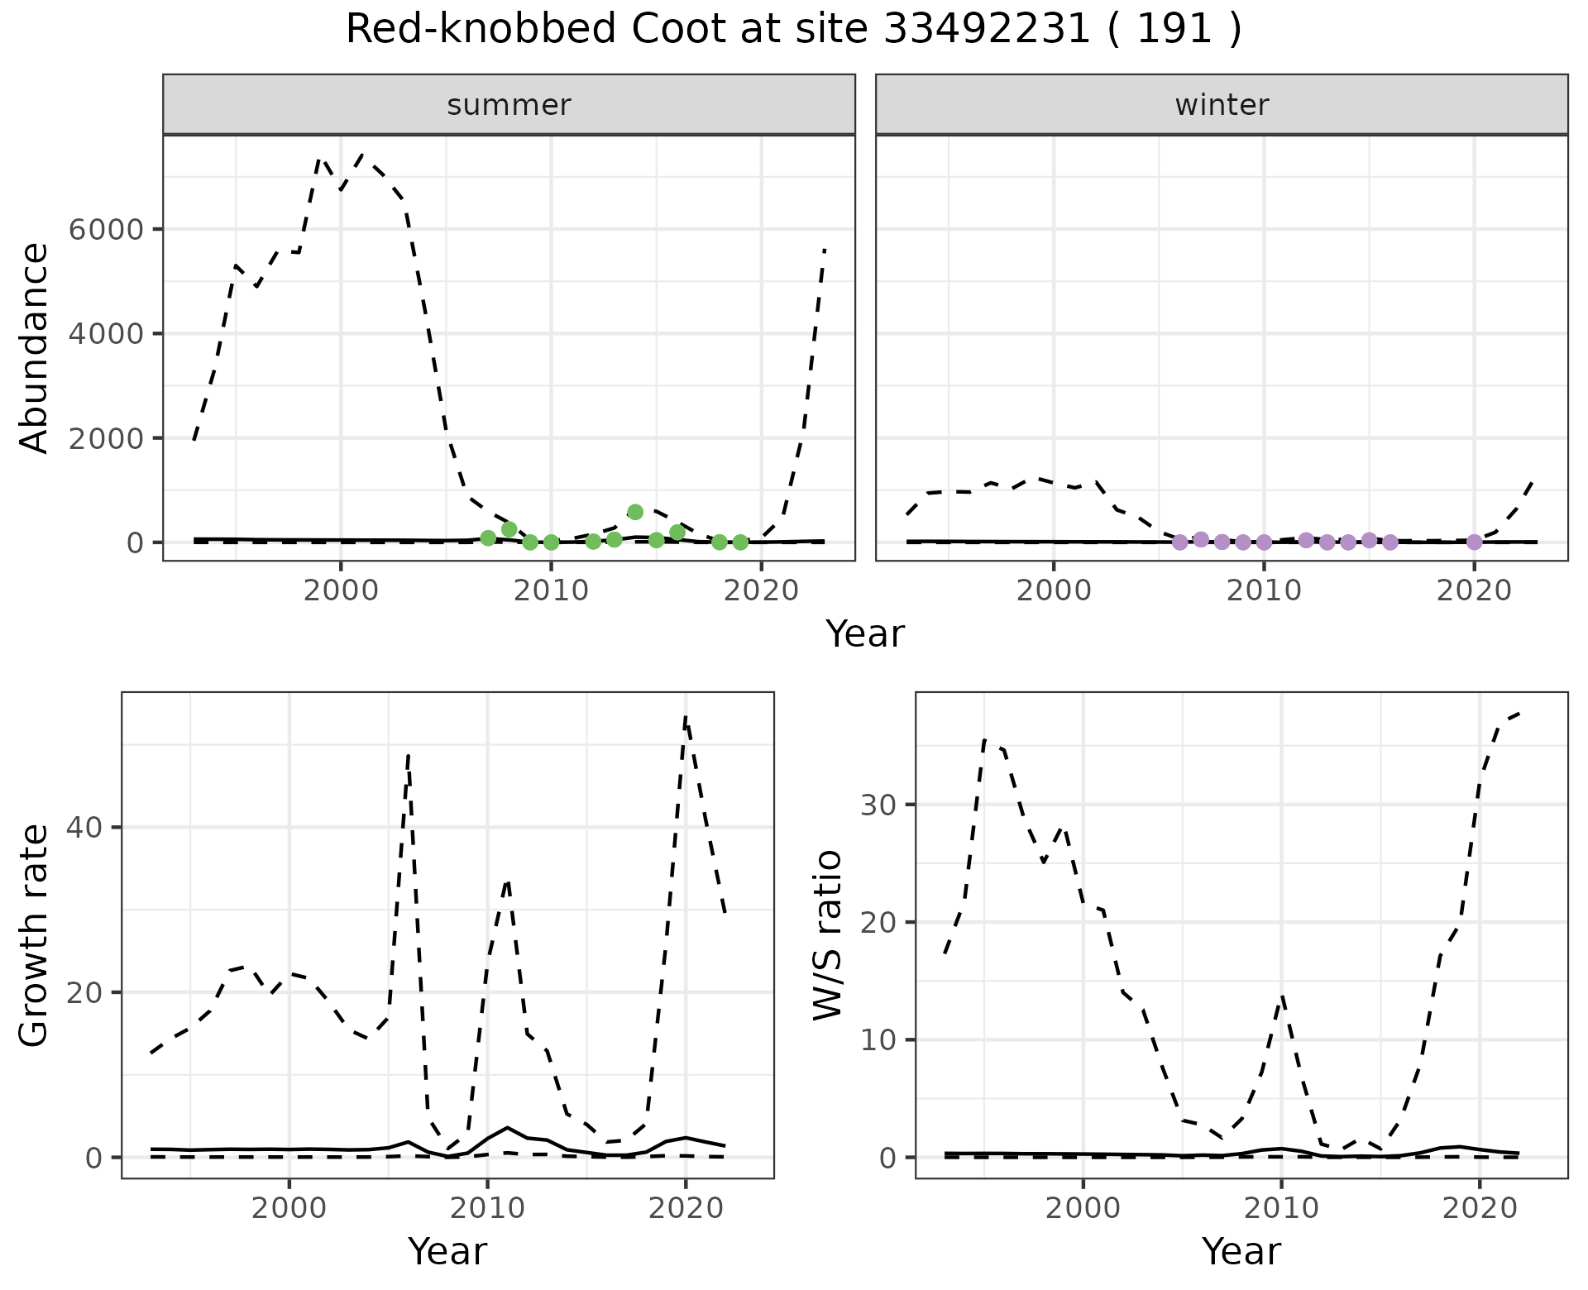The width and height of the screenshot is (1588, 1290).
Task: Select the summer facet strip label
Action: coord(509,105)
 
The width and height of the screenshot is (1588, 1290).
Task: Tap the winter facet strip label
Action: coord(1222,105)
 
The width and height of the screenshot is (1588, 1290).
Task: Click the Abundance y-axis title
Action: coord(34,347)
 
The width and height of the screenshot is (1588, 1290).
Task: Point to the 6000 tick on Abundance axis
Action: coord(105,229)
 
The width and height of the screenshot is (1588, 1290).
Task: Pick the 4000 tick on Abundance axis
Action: coord(105,334)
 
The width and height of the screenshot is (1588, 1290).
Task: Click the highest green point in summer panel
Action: coord(635,512)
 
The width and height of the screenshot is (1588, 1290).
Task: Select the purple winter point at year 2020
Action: coord(1474,542)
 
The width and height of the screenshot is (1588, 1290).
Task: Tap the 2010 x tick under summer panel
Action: coord(551,591)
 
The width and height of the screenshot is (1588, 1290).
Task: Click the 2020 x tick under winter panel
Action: coord(1474,591)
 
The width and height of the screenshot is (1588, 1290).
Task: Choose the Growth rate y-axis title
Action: coord(34,934)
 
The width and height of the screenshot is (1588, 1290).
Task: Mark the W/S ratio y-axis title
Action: coord(827,934)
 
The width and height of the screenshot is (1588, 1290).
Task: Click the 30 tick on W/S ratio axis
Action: coord(880,805)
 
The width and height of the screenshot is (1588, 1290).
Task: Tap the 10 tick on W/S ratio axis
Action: coord(880,1039)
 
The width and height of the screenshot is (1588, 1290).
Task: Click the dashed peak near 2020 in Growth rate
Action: coord(686,716)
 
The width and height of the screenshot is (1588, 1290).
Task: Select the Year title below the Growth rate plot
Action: coord(447,1251)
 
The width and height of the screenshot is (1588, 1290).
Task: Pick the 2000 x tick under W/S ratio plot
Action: coord(1083,1208)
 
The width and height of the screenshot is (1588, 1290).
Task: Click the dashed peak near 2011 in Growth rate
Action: coord(507,882)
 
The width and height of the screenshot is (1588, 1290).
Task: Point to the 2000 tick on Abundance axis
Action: coord(105,438)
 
